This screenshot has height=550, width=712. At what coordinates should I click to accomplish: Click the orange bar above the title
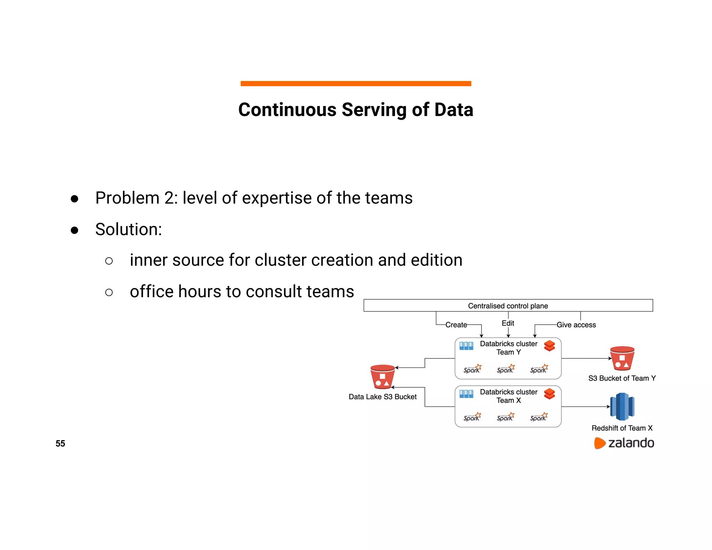click(x=356, y=83)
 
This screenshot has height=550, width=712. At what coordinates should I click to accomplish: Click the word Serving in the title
click(x=374, y=110)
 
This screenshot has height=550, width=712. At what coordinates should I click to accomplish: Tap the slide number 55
click(x=60, y=443)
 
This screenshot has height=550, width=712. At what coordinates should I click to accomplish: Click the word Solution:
click(x=129, y=229)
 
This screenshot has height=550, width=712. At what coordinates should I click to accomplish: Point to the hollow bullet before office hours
click(x=109, y=292)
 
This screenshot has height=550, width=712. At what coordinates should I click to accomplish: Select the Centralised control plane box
click(x=508, y=306)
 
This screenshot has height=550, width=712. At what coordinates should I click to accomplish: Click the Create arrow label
click(x=456, y=325)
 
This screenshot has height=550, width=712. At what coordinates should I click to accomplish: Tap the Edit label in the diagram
click(x=508, y=323)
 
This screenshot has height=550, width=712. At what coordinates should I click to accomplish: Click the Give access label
click(x=576, y=325)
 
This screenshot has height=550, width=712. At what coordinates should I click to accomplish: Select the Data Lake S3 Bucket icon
click(x=382, y=377)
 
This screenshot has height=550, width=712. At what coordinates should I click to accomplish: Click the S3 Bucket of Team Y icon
click(x=622, y=358)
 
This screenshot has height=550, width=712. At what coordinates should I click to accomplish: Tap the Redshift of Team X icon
click(x=622, y=406)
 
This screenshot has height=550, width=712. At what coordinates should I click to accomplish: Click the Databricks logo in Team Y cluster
click(x=549, y=346)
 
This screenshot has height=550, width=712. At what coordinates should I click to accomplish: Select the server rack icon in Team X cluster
click(x=466, y=394)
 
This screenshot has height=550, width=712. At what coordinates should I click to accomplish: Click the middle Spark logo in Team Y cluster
click(x=505, y=369)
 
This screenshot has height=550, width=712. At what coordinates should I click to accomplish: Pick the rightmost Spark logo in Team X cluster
click(x=539, y=417)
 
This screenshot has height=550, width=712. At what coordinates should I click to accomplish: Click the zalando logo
click(x=624, y=443)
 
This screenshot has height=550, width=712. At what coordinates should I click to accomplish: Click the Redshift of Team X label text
click(x=622, y=428)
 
